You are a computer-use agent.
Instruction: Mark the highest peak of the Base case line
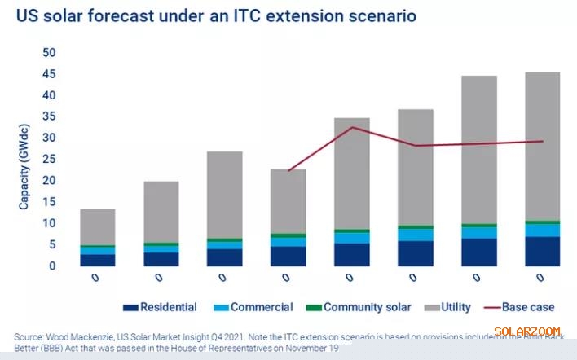(x=352, y=127)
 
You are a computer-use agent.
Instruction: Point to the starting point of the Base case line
(x=288, y=171)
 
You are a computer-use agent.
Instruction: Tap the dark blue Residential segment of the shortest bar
(x=97, y=260)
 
